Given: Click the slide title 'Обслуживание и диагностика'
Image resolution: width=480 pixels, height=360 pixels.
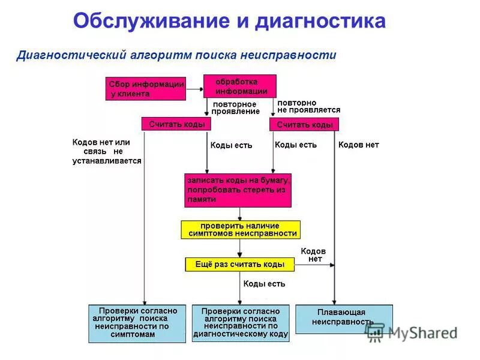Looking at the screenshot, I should tap(229, 21).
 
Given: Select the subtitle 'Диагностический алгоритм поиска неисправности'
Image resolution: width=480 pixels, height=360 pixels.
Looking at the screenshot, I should tap(176, 55).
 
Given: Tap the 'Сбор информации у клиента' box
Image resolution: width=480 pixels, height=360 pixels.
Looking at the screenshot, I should tap(146, 89).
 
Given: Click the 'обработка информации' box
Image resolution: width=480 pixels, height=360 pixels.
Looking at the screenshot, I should tap(240, 86).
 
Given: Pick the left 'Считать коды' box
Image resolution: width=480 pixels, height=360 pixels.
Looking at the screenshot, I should tap(177, 124).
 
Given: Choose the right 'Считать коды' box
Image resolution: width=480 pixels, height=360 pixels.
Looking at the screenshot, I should tap(304, 124).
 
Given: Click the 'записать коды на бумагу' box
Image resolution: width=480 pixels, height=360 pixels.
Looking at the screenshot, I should tap(238, 190).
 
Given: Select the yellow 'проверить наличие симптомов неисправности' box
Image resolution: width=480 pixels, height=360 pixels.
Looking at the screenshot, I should tap(240, 230).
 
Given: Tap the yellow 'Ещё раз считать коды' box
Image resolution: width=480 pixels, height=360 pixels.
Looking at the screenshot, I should tap(239, 264).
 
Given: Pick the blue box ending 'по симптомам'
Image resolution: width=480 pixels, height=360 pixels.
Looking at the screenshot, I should tap(137, 323).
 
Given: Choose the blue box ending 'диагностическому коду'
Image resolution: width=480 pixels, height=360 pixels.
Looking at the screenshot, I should tap(241, 323).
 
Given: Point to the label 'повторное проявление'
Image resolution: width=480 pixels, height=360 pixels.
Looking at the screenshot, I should tap(235, 107).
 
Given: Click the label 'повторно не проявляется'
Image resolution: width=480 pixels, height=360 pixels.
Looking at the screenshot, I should tap(308, 107).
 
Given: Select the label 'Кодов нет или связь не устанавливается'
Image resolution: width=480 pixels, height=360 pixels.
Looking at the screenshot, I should tap(107, 152).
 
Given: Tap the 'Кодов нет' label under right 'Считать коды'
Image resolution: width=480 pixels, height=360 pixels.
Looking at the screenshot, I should tap(358, 145).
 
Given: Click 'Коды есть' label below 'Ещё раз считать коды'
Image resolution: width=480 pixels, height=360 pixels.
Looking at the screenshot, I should tap(264, 284).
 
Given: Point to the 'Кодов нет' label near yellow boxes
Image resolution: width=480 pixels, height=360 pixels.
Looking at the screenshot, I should tap(314, 255).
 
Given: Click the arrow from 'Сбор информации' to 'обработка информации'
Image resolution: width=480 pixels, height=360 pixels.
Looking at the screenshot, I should tap(194, 89).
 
